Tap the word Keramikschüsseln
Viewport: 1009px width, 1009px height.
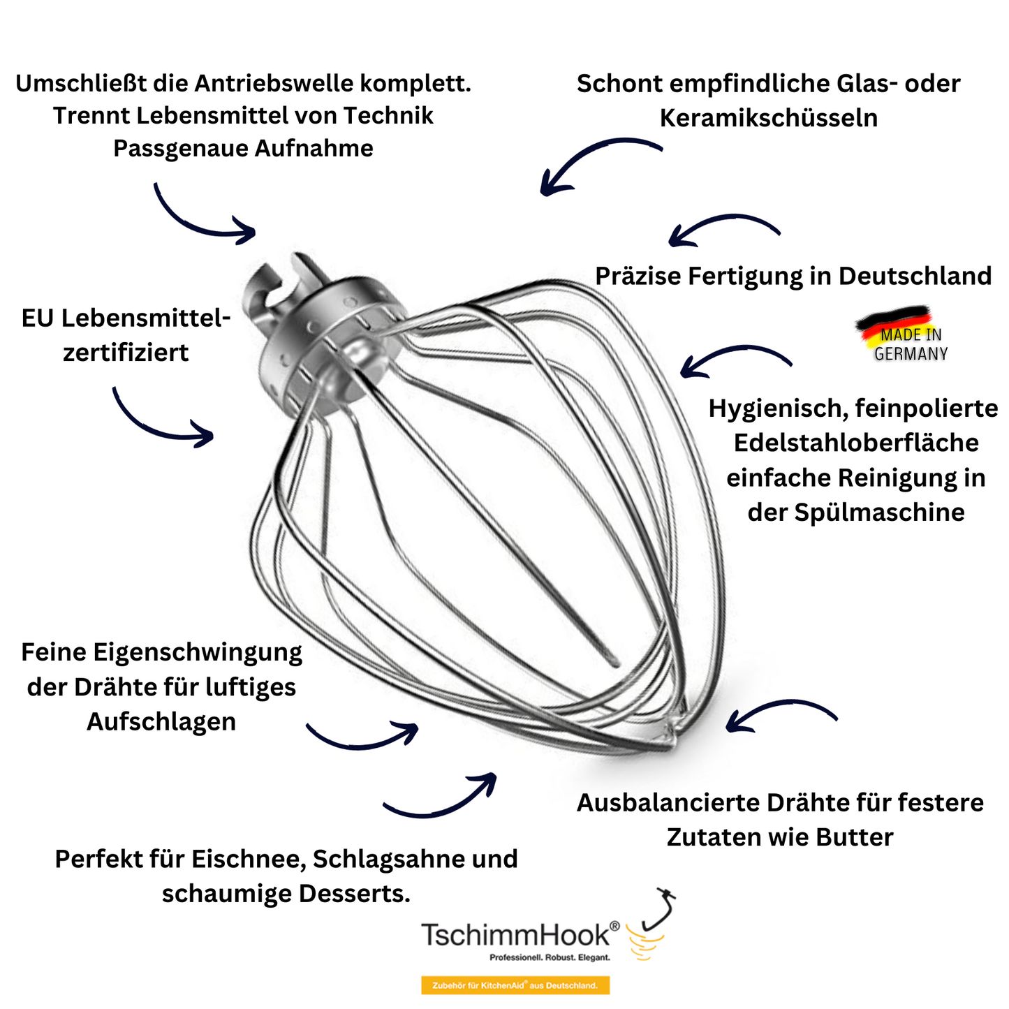point(768,118)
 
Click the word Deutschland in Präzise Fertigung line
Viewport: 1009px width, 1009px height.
point(915,277)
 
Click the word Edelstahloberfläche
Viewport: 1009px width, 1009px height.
point(855,443)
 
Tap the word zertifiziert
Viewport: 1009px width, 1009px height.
point(126,353)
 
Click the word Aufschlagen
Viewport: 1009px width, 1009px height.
point(161,721)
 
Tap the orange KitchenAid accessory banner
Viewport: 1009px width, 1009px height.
point(515,985)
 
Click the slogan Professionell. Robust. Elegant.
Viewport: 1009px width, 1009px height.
point(550,957)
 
